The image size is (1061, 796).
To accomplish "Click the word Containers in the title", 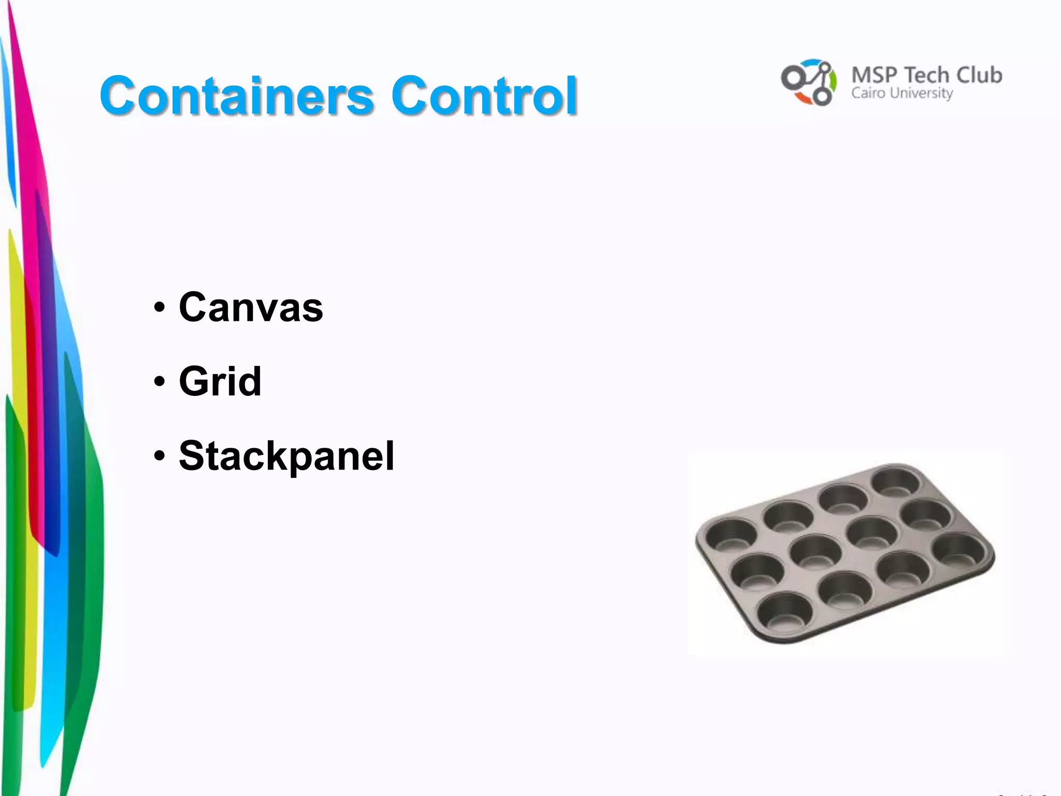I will (236, 95).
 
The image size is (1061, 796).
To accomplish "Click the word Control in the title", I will (484, 95).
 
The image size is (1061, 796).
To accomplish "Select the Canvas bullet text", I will (251, 307).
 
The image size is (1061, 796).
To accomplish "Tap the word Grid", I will (220, 381).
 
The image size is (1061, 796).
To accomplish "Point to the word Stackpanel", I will (286, 456).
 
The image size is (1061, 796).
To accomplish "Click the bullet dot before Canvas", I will (160, 307).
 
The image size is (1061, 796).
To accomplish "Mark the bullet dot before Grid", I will (160, 382).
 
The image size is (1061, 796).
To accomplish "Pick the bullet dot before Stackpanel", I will (160, 457).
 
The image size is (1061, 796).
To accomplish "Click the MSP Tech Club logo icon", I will (808, 82).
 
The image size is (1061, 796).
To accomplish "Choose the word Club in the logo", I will (979, 76).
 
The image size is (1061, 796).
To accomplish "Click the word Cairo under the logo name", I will (868, 93).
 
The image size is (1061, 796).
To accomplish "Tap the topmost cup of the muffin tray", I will (895, 481).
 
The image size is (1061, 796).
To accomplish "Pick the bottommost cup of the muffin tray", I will (784, 610).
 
